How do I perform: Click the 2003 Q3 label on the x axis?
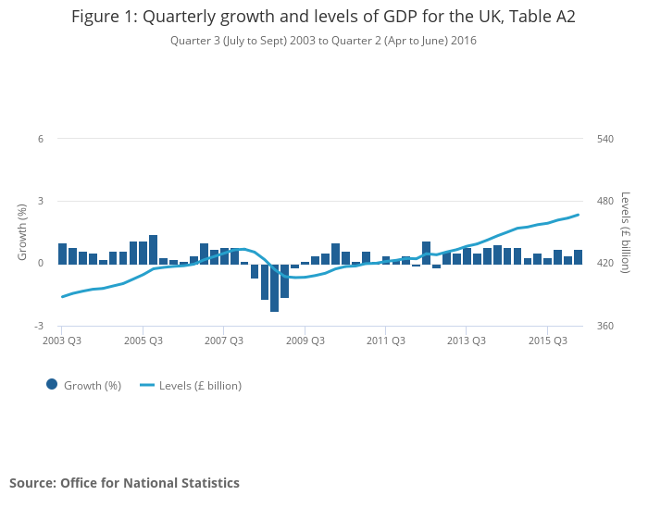(x=62, y=341)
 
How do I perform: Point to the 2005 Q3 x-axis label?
(x=143, y=341)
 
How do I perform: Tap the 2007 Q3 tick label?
(x=224, y=341)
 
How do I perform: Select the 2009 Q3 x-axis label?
(x=305, y=341)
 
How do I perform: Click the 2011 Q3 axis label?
(x=385, y=341)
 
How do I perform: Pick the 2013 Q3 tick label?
(x=467, y=341)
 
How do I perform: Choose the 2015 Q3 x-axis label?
(x=547, y=341)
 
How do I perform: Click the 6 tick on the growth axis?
(x=41, y=139)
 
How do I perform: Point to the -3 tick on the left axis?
(x=39, y=326)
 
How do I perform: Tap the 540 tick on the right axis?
(x=605, y=139)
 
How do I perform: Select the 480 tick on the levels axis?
(x=605, y=202)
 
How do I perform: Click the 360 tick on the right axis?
(x=605, y=326)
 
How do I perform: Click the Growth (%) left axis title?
(x=22, y=232)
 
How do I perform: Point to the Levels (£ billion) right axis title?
(x=626, y=232)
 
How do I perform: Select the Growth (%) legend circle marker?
(x=52, y=385)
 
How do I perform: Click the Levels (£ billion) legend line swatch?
(x=147, y=385)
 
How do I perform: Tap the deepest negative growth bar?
(x=275, y=288)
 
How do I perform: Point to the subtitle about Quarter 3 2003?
(x=323, y=41)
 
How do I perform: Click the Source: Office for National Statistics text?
(x=124, y=483)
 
